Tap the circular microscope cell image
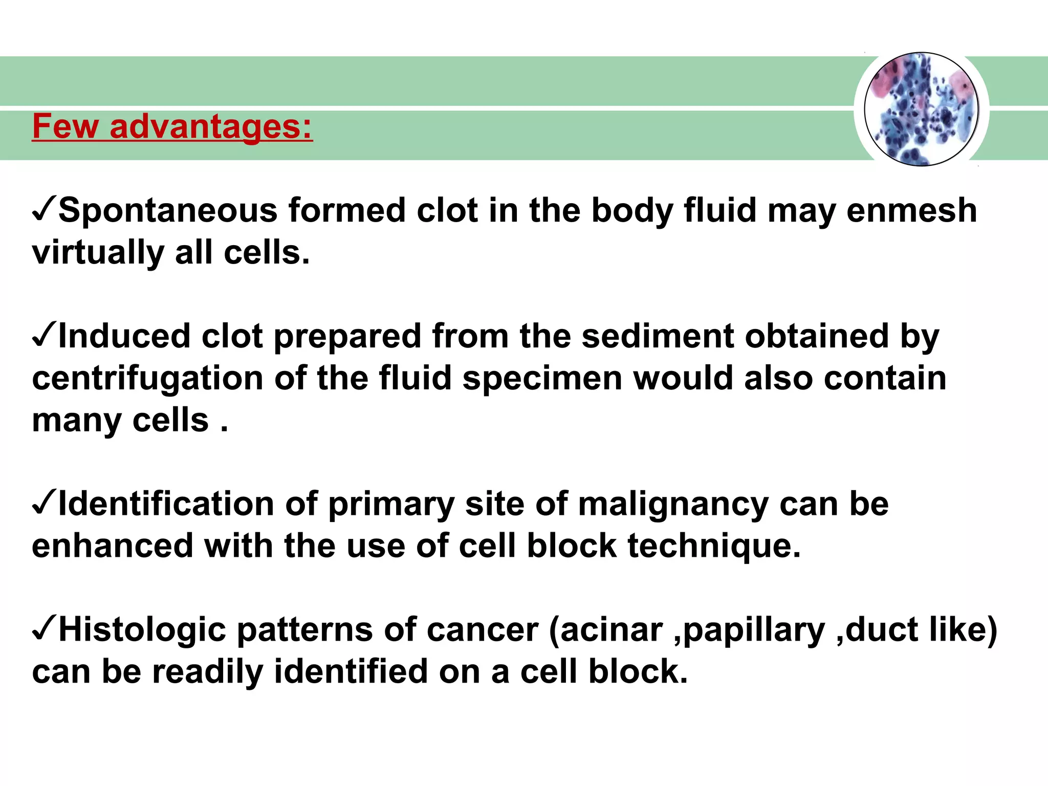(921, 110)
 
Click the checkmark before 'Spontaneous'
(44, 210)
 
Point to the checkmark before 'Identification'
(44, 504)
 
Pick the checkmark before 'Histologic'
(44, 629)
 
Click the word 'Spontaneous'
(167, 211)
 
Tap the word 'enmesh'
(911, 211)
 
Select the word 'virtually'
(97, 253)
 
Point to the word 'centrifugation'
(147, 379)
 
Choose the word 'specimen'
(542, 379)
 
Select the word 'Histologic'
(142, 630)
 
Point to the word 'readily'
(207, 672)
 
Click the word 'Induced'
(124, 337)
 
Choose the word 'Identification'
(166, 505)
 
